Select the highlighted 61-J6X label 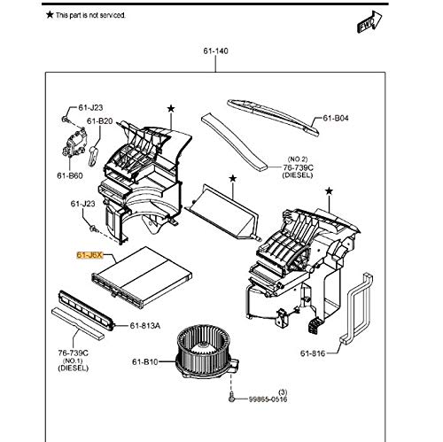[x=89, y=255]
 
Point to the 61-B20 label [x=98, y=121]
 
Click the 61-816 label [x=313, y=353]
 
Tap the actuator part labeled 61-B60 [x=74, y=143]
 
